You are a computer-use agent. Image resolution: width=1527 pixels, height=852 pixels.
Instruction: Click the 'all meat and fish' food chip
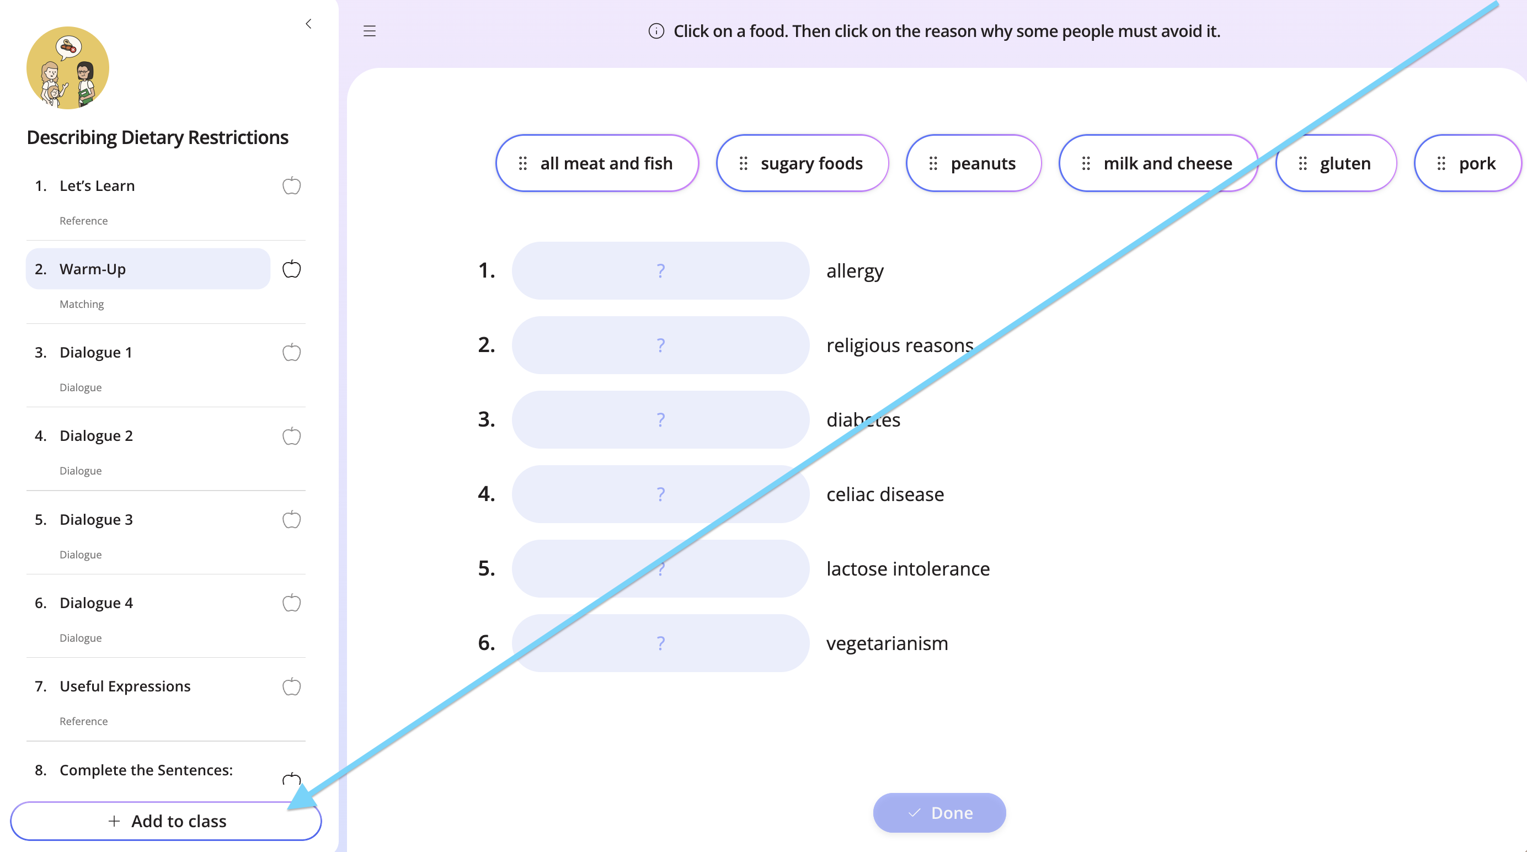597,163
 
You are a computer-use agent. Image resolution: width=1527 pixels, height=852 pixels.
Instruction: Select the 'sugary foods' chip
802,163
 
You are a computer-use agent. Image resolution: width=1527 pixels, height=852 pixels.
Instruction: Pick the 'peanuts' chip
973,163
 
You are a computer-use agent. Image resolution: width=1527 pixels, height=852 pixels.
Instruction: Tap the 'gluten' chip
1336,163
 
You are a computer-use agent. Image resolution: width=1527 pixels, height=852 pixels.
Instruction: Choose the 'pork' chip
1468,163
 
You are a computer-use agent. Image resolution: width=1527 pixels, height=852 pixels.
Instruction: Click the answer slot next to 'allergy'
660,270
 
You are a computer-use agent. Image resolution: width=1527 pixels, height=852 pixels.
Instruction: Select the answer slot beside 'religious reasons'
660,345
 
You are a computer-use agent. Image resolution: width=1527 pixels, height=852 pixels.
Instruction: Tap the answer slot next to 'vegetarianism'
660,643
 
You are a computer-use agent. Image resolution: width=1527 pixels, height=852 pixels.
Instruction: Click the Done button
939,812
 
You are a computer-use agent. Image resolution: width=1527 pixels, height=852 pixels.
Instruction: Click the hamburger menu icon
369,31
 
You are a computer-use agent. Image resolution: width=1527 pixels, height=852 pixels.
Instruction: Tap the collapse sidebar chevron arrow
308,24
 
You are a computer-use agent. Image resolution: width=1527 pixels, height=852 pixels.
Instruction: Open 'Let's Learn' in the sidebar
97,185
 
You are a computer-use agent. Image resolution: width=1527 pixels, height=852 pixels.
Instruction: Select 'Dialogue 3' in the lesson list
96,519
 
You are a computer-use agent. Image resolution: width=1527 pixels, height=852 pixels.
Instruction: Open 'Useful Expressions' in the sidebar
125,686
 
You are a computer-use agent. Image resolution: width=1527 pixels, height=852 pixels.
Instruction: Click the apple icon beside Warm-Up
291,269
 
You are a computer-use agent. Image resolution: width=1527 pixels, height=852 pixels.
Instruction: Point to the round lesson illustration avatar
67,67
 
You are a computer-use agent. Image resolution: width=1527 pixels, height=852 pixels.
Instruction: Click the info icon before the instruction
656,31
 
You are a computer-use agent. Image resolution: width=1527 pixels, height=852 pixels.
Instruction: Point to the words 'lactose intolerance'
908,568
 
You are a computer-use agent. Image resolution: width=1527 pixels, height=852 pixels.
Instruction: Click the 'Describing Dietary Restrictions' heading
158,137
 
